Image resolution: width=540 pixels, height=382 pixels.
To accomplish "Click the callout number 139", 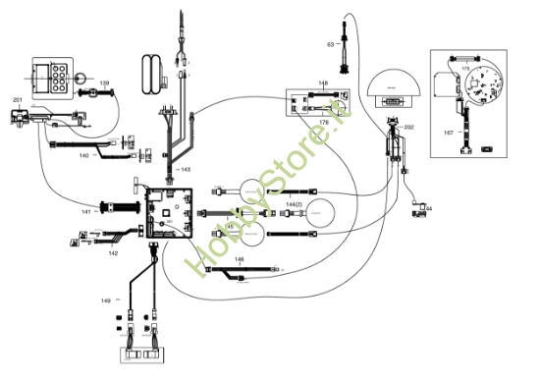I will [x=103, y=82].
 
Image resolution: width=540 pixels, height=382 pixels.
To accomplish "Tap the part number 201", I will [x=17, y=100].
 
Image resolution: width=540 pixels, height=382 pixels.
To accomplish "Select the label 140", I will [x=84, y=156].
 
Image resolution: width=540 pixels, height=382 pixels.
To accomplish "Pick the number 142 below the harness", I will [x=114, y=253].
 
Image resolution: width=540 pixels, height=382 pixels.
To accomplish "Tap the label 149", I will [x=105, y=299].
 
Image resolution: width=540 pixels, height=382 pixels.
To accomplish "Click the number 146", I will [x=239, y=259].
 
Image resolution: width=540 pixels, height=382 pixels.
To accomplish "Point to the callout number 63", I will [x=331, y=44].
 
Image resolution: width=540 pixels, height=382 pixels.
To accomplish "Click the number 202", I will [x=409, y=128].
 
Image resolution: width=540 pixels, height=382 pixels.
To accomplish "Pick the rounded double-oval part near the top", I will [x=152, y=76].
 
